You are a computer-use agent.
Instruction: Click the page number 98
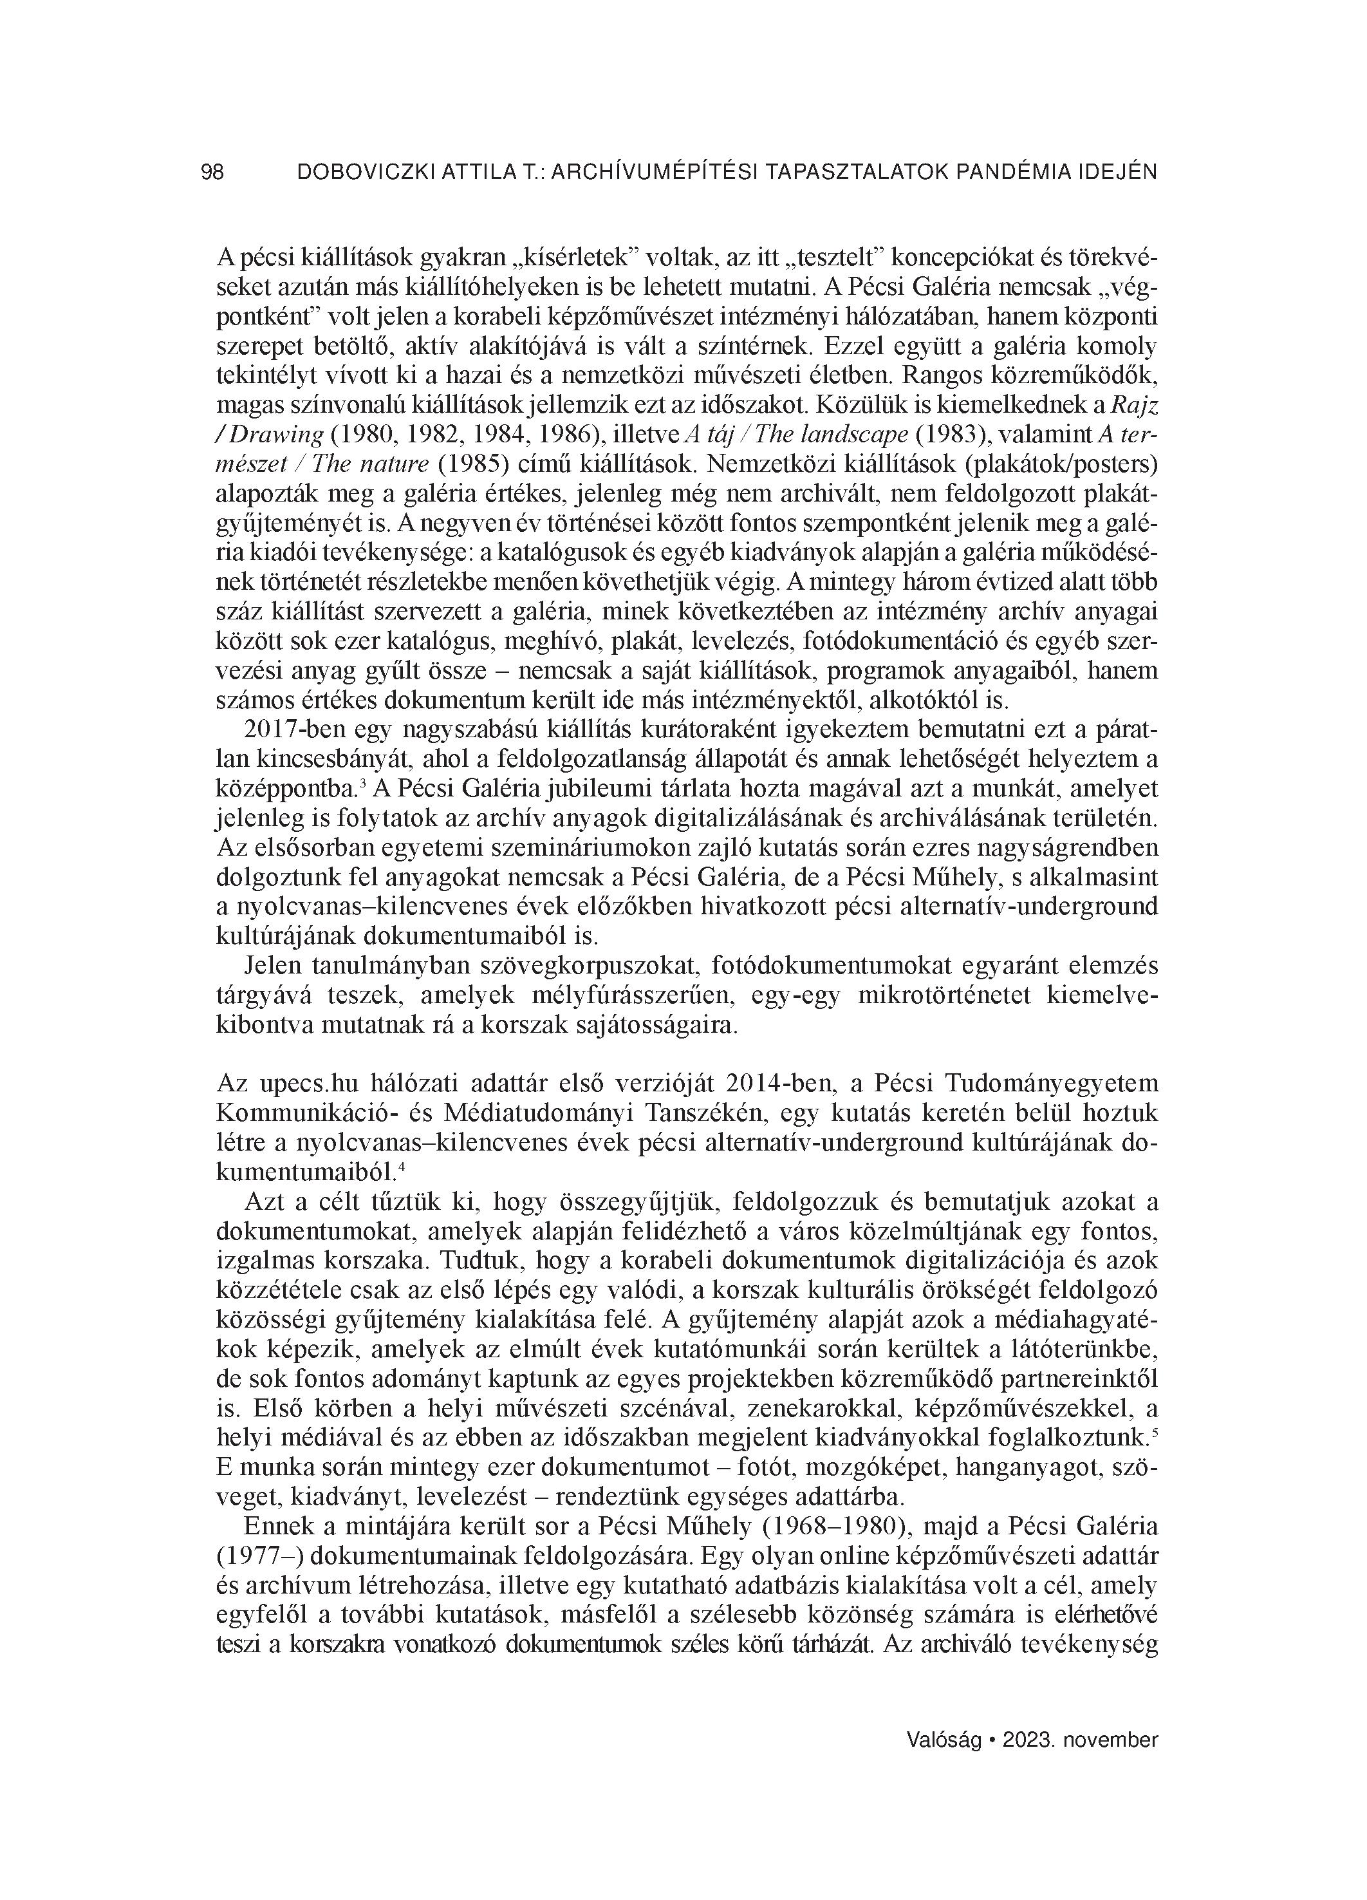pyautogui.click(x=213, y=173)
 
